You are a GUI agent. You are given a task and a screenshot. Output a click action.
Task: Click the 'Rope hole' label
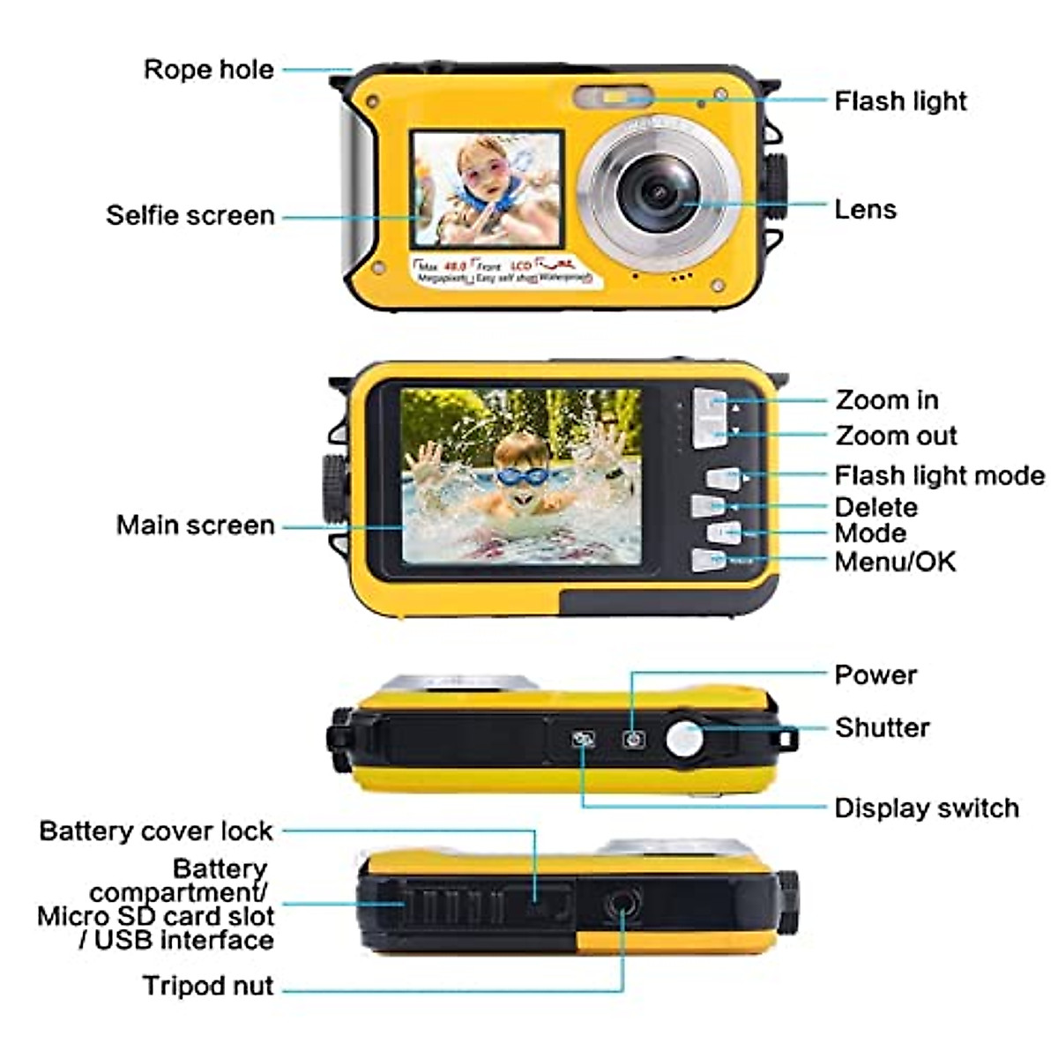(x=208, y=70)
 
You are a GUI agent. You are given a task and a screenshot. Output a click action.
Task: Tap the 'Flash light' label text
(x=900, y=101)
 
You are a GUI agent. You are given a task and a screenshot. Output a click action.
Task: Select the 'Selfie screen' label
(x=190, y=215)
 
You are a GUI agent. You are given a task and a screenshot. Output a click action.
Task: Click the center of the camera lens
(x=659, y=192)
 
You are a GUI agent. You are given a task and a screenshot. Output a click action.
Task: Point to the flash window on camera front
(x=614, y=95)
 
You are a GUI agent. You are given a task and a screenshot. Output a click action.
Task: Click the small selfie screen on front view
(x=487, y=189)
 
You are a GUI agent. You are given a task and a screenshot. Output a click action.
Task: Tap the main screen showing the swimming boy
(x=520, y=476)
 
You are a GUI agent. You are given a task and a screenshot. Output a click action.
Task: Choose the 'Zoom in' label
(x=886, y=400)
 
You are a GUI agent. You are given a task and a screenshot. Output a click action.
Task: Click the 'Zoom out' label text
(x=896, y=436)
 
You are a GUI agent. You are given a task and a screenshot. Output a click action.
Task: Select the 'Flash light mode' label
(x=939, y=476)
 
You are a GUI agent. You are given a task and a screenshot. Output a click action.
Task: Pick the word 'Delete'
(x=875, y=507)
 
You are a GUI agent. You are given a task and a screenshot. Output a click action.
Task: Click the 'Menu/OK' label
(x=895, y=562)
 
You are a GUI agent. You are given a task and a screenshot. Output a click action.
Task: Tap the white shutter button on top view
(x=684, y=739)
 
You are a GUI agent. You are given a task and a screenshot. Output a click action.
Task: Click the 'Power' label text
(x=875, y=675)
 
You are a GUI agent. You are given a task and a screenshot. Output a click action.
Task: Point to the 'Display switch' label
(x=926, y=808)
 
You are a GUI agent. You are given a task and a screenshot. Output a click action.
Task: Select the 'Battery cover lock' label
(x=156, y=831)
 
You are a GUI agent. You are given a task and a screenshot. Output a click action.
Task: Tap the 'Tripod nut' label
(x=208, y=986)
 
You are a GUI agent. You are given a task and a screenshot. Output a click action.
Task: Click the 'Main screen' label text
(x=196, y=525)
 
